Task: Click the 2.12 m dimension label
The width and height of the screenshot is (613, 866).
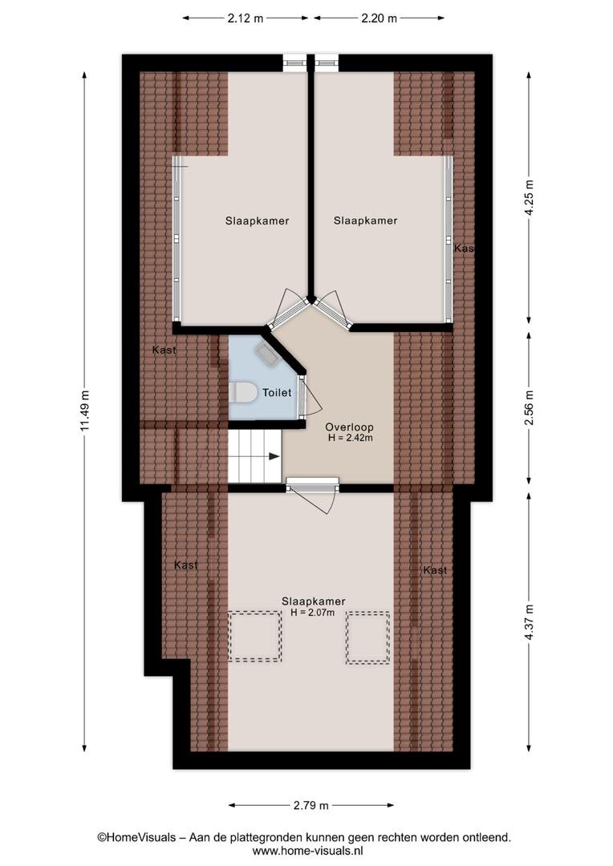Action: [x=246, y=18]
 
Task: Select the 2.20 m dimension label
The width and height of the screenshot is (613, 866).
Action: [x=380, y=18]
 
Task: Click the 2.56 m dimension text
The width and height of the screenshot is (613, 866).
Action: [x=530, y=408]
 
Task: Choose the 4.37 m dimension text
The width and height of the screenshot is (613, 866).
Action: [x=530, y=622]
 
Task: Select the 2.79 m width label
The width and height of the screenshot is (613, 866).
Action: [x=311, y=805]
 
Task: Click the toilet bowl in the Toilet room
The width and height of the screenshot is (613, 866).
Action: [x=242, y=393]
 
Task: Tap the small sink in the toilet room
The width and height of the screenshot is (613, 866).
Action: [x=266, y=354]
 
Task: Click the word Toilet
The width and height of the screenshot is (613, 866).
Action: [x=276, y=393]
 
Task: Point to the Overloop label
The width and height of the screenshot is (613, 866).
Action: [x=349, y=427]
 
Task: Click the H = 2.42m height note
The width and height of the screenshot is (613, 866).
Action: [x=350, y=438]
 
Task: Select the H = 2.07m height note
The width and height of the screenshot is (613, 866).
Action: [x=313, y=613]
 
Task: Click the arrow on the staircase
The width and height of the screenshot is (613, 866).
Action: [x=274, y=456]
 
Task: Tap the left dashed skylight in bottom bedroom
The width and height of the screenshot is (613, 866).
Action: [x=255, y=636]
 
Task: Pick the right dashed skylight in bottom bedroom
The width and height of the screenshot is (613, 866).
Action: [x=368, y=638]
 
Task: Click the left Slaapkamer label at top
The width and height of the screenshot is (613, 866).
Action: [x=257, y=221]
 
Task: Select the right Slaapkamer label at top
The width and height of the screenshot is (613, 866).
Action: [x=365, y=221]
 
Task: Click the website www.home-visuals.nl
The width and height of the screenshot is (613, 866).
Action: [x=307, y=851]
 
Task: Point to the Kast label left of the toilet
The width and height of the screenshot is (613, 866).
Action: [x=164, y=350]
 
